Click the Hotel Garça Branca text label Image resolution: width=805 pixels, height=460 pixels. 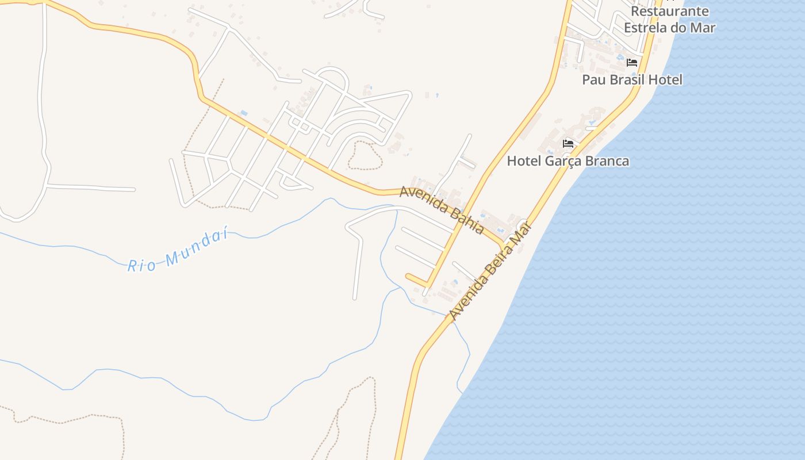pos(568,162)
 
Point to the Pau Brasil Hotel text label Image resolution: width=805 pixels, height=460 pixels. pos(632,80)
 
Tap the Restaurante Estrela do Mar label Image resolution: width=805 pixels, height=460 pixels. pos(669,20)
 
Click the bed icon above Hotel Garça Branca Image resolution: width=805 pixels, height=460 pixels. pos(568,143)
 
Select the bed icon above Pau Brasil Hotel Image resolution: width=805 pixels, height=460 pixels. pos(632,62)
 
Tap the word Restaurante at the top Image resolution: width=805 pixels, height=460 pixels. pos(669,11)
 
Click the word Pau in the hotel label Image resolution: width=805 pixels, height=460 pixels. pos(594,80)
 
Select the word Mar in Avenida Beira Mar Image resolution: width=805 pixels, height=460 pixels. pos(519,235)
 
